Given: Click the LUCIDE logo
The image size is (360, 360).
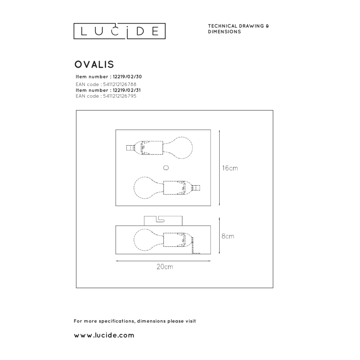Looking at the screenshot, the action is click(x=119, y=31).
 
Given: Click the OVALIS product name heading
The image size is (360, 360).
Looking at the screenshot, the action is click(x=94, y=64).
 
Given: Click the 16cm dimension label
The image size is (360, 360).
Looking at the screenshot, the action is click(x=230, y=168).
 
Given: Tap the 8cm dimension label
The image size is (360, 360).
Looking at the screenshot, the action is click(x=228, y=236).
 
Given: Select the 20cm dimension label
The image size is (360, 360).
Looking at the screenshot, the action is click(x=165, y=267).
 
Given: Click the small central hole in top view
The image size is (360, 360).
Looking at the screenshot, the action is click(x=166, y=168).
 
